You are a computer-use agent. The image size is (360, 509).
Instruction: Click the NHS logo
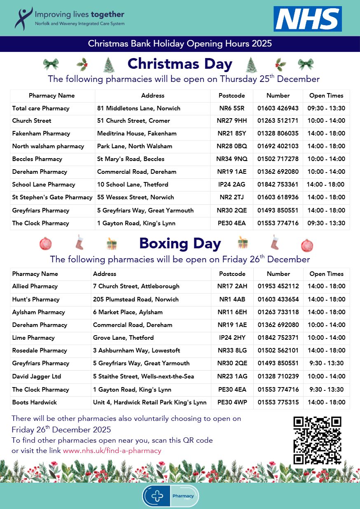click(x=307, y=19)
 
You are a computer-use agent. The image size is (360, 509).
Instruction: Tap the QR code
click(x=317, y=440)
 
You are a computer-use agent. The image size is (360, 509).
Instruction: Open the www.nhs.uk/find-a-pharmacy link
click(x=112, y=451)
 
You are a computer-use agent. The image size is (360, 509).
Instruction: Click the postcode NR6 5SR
click(x=231, y=108)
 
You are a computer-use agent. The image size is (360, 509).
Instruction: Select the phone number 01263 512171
click(x=278, y=121)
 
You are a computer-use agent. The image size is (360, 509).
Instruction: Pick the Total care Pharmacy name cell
click(x=41, y=108)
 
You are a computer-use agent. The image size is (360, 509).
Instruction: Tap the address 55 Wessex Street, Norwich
click(x=136, y=197)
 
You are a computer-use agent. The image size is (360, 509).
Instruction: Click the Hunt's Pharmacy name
click(x=36, y=299)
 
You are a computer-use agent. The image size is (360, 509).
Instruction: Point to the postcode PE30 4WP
click(x=232, y=402)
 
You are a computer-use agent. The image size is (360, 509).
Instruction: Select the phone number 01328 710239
click(x=278, y=376)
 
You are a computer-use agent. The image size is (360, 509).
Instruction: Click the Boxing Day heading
click(x=180, y=243)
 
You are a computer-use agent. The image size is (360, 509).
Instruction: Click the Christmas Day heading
click(x=180, y=64)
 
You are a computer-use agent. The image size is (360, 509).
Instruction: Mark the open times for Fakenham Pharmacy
click(x=326, y=133)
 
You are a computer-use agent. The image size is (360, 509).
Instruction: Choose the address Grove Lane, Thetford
click(x=123, y=338)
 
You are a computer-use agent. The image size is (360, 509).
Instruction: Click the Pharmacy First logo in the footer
click(x=171, y=496)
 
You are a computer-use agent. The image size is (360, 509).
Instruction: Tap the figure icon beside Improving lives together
click(x=23, y=18)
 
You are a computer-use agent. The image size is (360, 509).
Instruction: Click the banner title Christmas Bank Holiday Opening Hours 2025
click(x=180, y=44)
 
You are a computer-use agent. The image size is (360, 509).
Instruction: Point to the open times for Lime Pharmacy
click(x=326, y=338)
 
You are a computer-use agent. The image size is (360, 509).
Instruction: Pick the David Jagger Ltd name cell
click(x=37, y=376)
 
